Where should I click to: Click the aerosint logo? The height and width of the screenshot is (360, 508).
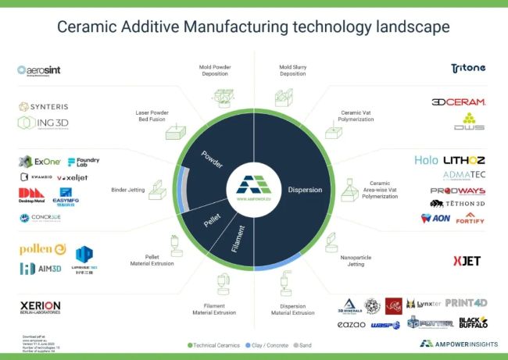tap(39, 71)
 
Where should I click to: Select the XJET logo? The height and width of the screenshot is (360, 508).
tap(466, 260)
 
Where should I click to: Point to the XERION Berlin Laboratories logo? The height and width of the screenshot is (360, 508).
tap(40, 307)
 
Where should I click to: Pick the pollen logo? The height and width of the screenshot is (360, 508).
tap(42, 249)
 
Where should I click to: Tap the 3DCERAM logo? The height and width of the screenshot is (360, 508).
tap(459, 102)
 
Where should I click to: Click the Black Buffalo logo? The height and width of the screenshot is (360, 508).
tap(473, 322)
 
